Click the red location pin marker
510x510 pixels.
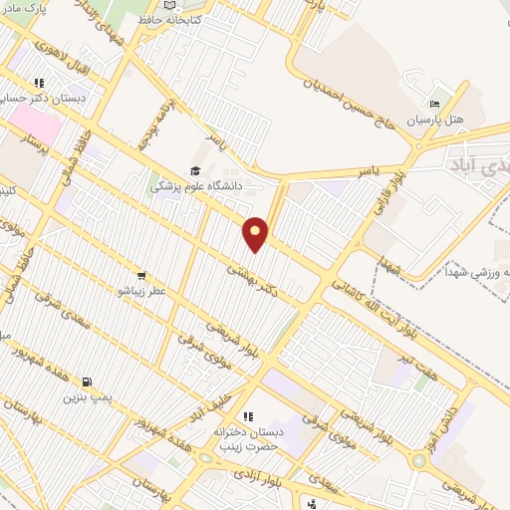[256, 233]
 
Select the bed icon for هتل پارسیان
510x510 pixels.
[433, 105]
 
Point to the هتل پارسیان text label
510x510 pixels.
[434, 121]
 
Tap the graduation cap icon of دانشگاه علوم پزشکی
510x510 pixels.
[195, 170]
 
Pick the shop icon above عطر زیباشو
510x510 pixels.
[141, 276]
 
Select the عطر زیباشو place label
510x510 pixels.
[143, 291]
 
